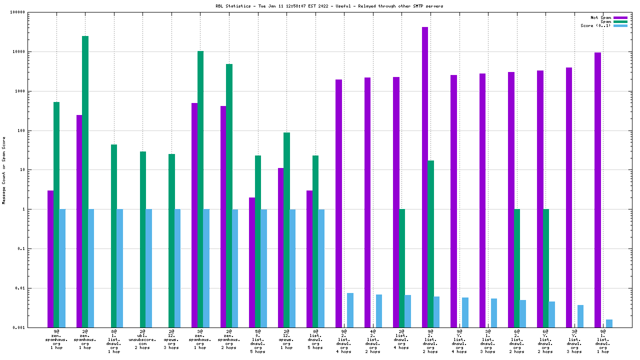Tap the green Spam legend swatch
(620, 21)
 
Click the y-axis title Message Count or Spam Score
(4, 170)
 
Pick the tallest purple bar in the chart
(425, 177)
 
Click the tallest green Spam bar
(85, 181)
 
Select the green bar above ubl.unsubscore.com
(143, 239)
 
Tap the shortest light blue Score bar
(609, 323)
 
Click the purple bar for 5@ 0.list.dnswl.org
(252, 262)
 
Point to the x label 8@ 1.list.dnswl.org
(114, 341)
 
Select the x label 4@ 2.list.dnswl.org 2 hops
(373, 341)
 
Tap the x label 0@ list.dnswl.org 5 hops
(315, 341)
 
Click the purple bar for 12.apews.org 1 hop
(281, 247)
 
